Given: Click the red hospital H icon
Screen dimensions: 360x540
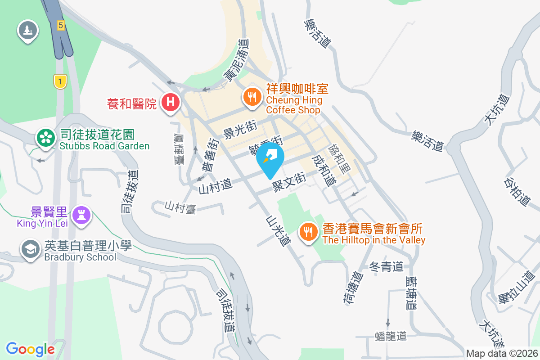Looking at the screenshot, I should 171,102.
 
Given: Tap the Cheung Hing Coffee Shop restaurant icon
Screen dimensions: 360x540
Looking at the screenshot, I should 252,96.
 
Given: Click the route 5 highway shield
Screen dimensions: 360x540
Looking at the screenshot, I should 61,25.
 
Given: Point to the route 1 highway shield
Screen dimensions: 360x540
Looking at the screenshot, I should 59,81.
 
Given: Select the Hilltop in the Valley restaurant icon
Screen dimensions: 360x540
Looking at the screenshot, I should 308,232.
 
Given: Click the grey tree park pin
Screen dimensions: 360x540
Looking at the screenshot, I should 28,30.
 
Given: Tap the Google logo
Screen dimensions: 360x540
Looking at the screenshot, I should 31,349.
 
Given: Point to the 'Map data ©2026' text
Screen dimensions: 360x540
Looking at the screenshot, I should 501,353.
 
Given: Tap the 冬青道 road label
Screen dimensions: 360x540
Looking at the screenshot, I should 386,267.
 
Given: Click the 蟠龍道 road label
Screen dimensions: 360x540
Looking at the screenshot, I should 390,336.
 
